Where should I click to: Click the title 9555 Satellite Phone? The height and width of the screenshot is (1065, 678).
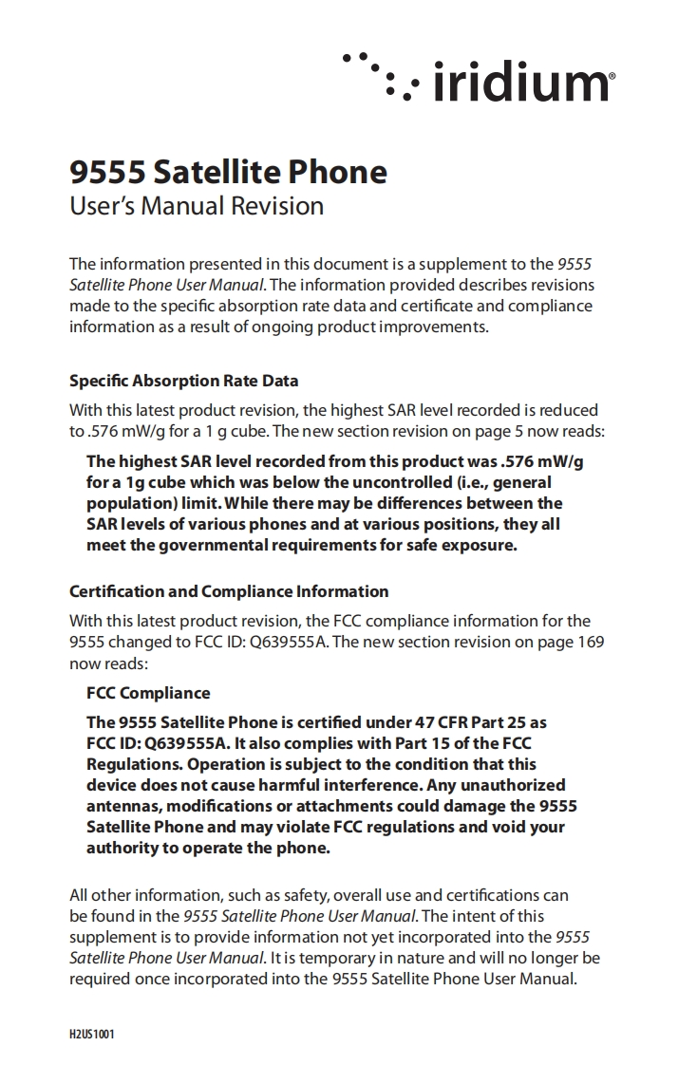229,172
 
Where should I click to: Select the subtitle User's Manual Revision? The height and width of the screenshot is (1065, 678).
197,206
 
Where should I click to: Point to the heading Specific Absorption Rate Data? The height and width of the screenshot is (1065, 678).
184,381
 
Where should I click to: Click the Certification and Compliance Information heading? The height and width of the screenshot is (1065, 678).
229,591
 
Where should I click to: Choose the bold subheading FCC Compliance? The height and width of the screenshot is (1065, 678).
148,693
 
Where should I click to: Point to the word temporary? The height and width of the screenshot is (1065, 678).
335,958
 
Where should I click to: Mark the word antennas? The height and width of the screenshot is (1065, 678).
122,806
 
